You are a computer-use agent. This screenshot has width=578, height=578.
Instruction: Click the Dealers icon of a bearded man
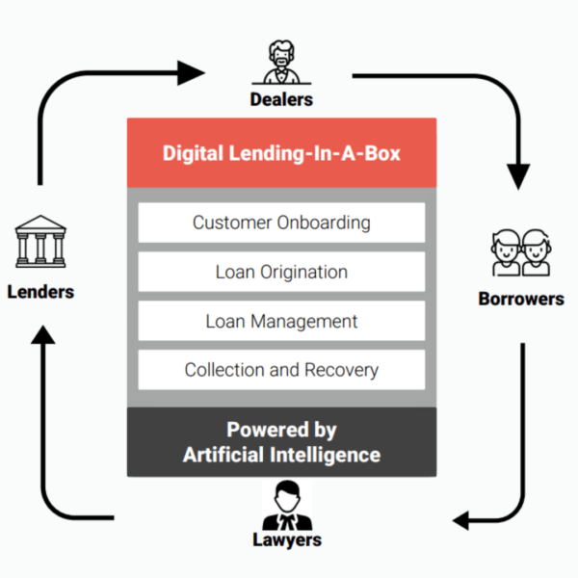coord(281,63)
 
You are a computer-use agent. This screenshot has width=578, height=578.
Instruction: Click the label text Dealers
coord(281,98)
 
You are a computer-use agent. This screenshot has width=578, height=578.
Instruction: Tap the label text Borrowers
coord(521,299)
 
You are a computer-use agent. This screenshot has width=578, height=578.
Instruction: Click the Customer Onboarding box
coord(281,223)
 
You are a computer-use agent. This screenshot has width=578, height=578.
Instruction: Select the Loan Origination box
coord(281,272)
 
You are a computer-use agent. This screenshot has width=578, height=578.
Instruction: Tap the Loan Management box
coord(281,321)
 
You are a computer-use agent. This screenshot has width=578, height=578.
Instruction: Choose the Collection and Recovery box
coord(281,370)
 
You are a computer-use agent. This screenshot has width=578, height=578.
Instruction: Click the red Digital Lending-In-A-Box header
coord(281,153)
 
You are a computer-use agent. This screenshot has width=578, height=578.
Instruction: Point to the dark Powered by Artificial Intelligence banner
coord(281,442)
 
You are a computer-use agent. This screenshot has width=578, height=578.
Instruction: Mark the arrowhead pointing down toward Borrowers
coord(520,177)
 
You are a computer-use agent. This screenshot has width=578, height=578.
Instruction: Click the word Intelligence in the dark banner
coord(329,454)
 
